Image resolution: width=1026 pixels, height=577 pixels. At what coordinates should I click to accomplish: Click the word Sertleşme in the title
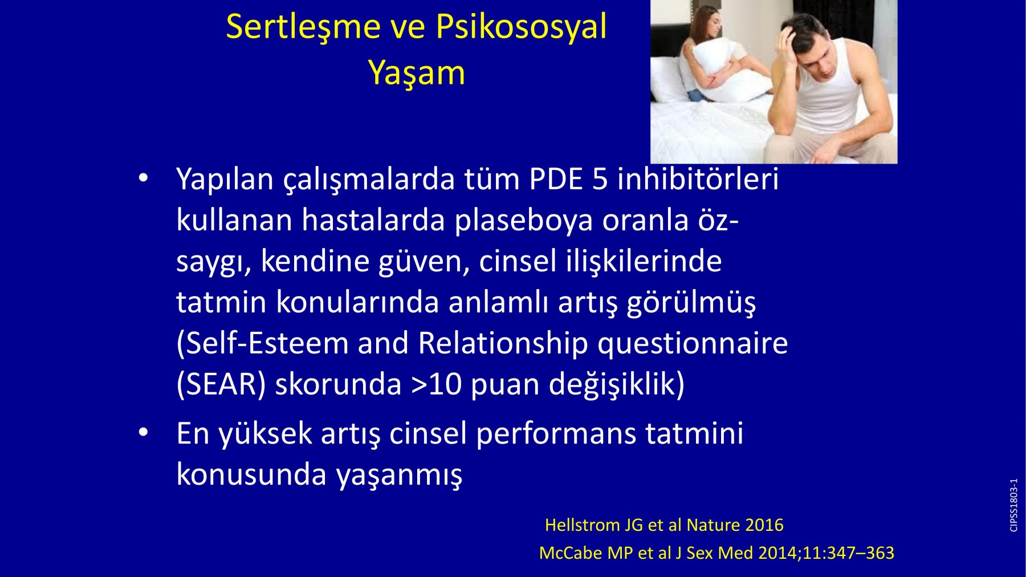[303, 27]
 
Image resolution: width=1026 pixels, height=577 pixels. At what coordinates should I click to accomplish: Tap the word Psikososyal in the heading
[521, 27]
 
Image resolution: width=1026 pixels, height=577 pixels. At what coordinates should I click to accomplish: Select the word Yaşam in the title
[417, 74]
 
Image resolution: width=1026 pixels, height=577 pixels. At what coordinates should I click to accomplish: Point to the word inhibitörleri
[698, 178]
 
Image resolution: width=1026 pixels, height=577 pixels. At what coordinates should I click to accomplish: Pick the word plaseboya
[523, 221]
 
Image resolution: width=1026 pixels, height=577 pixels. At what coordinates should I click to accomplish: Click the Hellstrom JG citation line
[664, 525]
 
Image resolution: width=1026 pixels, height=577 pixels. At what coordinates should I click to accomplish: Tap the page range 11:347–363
[849, 553]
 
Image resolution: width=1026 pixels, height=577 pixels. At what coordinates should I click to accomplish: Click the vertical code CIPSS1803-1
[1013, 506]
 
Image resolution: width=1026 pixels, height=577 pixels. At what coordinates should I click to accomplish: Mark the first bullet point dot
[143, 178]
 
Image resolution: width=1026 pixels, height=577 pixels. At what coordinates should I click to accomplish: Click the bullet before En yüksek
[143, 433]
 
